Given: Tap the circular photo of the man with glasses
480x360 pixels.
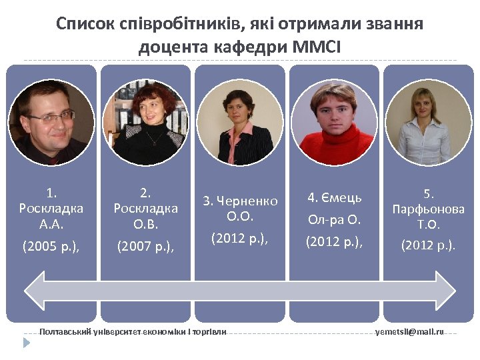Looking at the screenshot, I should pos(51,123).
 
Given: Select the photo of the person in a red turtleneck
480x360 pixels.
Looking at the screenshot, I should pos(334,123).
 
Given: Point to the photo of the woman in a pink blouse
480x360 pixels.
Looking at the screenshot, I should pos(240,123).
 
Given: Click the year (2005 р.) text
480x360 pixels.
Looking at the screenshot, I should pos(51,246).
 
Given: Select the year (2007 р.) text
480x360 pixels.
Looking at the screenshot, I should pos(145,246).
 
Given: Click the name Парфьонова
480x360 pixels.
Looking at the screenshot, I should pos(429,209).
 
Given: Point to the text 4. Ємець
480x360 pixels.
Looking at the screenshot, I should pos(334,198).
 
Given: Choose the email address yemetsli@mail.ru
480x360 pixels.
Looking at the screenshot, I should pos(409,331).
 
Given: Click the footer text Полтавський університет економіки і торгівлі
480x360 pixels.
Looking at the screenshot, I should pos(133,331).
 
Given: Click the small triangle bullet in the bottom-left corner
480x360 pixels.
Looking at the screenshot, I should pos(27,343).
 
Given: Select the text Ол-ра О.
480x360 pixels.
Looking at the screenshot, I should pos(334,220).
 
